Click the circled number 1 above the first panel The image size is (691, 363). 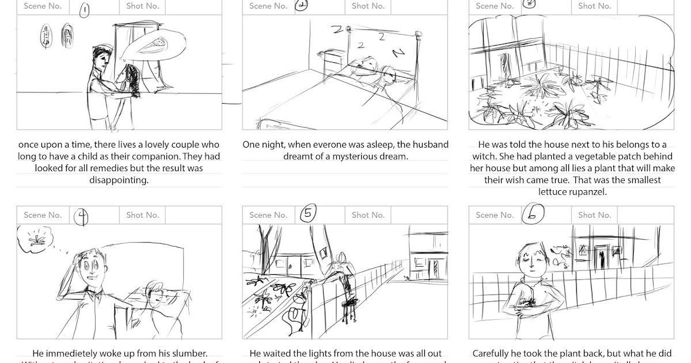tap(85, 10)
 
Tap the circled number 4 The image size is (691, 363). tap(82, 216)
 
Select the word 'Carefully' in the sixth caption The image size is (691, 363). tap(492, 353)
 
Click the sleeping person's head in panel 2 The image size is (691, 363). tap(388, 74)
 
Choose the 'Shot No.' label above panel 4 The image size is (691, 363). tap(142, 215)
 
